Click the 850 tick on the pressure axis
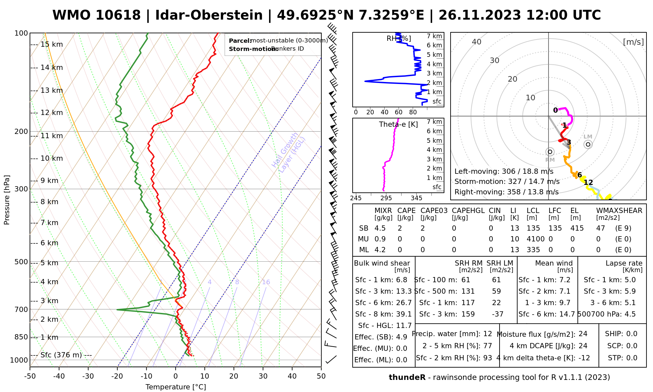[22, 337]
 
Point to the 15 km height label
[52, 44]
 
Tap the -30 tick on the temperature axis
[88, 376]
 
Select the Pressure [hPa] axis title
[7, 200]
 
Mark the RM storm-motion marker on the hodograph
[550, 152]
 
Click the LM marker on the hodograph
[588, 144]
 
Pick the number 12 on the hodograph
[588, 182]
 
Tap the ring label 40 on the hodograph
[477, 42]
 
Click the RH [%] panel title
[399, 39]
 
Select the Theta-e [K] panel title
[398, 124]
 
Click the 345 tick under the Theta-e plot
[416, 198]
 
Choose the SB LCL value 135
[533, 228]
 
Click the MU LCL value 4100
[535, 239]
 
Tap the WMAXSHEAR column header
[619, 211]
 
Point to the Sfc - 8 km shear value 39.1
[404, 314]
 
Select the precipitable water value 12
[487, 334]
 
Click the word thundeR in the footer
[407, 378]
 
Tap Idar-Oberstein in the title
[209, 15]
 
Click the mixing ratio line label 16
[266, 282]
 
